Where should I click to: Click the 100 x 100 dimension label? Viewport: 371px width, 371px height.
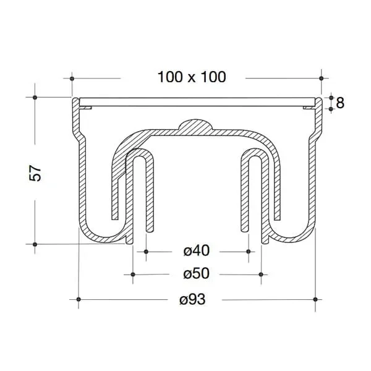[191, 77]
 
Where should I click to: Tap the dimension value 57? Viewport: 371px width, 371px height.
[36, 173]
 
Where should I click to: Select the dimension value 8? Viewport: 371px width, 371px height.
[339, 103]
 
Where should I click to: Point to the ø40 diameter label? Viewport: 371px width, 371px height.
[197, 251]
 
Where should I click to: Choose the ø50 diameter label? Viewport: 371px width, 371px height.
[197, 273]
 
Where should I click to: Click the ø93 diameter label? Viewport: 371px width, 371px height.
[192, 299]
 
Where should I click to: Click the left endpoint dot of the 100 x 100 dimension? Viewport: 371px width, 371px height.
[73, 79]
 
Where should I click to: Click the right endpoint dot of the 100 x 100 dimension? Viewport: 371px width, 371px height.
[321, 79]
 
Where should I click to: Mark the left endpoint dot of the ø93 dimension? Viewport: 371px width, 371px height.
[79, 299]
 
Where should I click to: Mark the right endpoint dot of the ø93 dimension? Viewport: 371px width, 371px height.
[316, 299]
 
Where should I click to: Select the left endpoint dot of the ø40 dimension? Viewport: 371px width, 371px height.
[146, 252]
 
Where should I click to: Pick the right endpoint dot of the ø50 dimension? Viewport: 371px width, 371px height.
[262, 274]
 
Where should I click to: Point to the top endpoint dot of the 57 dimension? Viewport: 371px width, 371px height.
[35, 98]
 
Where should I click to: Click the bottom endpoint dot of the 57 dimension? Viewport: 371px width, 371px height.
[35, 244]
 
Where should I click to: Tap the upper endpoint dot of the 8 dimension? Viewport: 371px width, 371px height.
[331, 98]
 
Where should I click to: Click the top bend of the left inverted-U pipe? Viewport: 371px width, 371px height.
[140, 154]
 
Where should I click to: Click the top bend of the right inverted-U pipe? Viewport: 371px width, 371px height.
[254, 154]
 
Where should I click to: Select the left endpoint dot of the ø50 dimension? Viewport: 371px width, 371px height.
[132, 274]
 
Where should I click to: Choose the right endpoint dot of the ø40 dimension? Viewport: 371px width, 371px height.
[249, 252]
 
